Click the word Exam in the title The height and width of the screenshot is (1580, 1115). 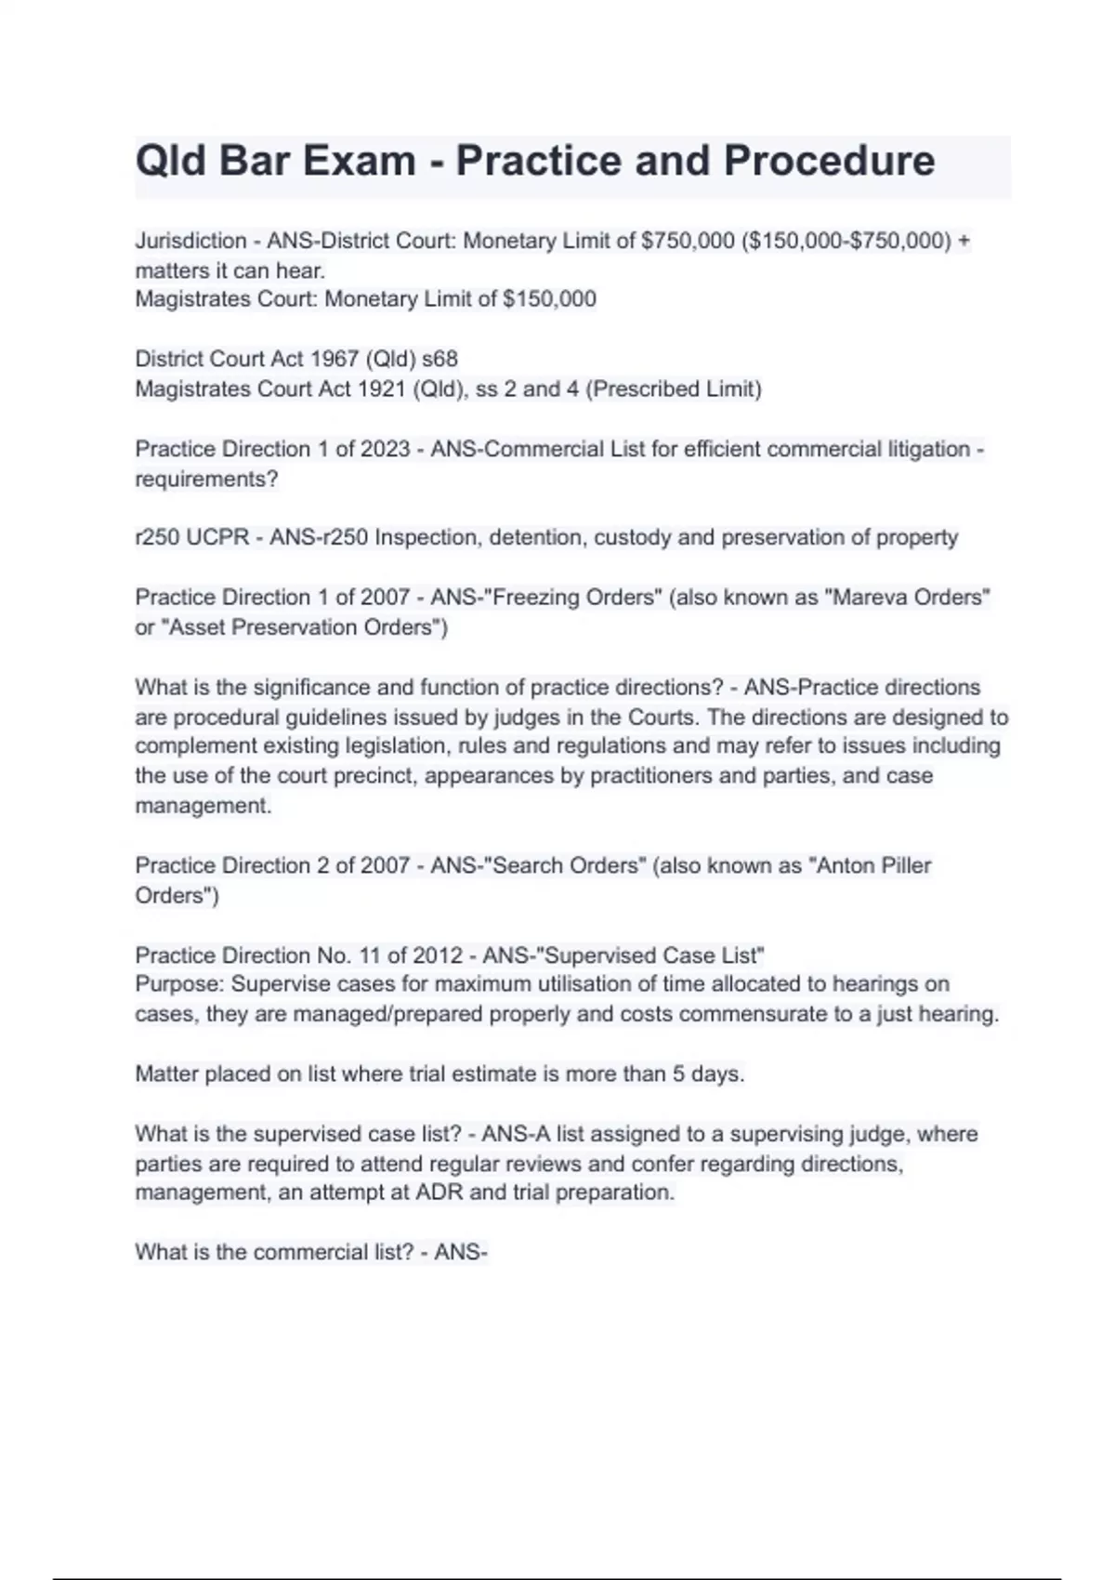(357, 161)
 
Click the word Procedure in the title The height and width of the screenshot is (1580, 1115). (829, 161)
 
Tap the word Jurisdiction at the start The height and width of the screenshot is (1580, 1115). (190, 241)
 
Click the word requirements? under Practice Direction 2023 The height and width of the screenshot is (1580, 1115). (206, 480)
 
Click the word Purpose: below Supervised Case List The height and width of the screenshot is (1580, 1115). (180, 983)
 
